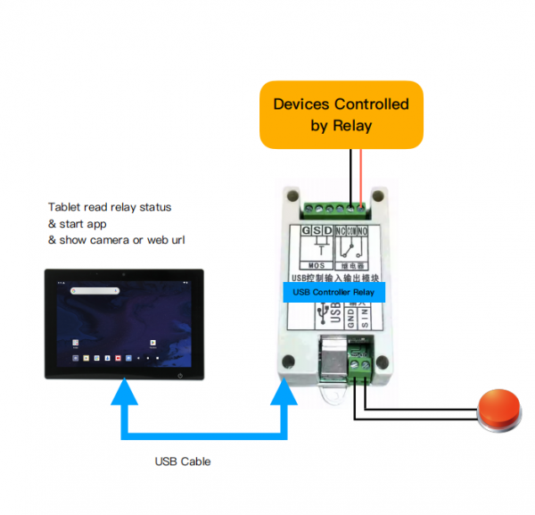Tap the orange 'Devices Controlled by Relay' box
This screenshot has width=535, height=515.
coord(341,115)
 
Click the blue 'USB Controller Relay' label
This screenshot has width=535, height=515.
coord(333,292)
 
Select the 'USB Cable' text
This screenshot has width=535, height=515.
coord(182,461)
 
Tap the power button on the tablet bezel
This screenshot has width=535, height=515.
coord(181,375)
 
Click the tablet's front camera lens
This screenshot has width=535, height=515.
coord(124,274)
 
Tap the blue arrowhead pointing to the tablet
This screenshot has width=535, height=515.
coord(125,391)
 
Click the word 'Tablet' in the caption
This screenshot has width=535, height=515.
coord(65,207)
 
